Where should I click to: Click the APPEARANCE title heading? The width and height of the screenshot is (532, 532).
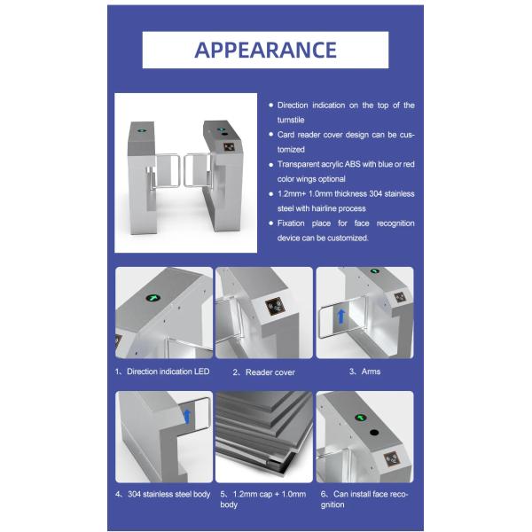click(265, 50)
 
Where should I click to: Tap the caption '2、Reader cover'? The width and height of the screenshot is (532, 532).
click(264, 372)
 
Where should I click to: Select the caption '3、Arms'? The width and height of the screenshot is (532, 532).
click(364, 372)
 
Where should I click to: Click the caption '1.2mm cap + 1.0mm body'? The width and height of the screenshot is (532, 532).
click(263, 499)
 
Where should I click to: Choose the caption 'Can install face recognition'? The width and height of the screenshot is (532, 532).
click(364, 499)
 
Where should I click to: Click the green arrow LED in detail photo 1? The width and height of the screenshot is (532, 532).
click(153, 298)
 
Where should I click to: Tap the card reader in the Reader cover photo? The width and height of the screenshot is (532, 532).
click(275, 307)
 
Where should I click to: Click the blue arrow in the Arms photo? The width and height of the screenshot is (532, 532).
click(341, 317)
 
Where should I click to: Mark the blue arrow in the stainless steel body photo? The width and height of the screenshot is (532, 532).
click(187, 417)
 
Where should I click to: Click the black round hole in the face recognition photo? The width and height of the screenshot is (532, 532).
click(374, 433)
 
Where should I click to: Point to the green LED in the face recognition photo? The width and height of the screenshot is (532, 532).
click(360, 418)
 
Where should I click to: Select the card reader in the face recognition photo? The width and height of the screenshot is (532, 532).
click(393, 459)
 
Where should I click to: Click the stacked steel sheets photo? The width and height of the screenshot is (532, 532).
click(264, 436)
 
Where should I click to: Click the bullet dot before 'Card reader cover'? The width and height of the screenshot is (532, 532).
click(270, 135)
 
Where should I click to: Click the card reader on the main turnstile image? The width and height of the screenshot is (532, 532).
click(229, 147)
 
